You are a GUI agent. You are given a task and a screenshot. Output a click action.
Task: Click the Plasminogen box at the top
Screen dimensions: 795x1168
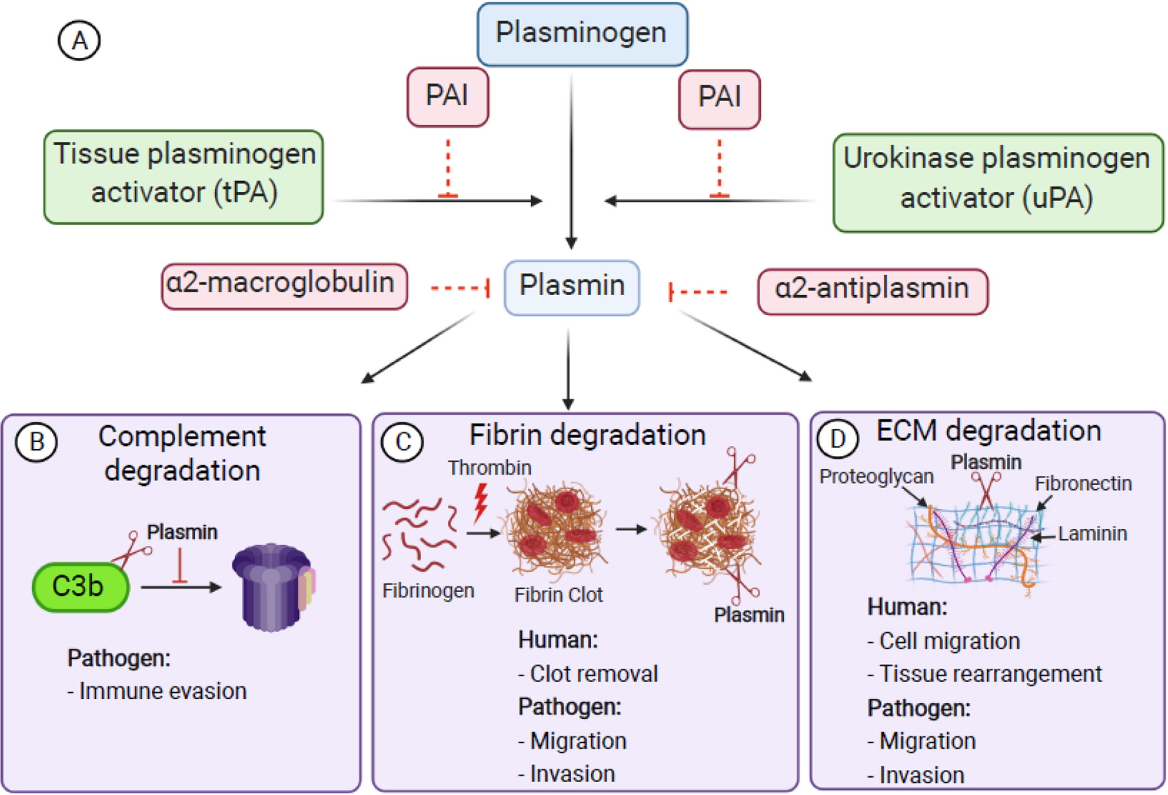pos(582,34)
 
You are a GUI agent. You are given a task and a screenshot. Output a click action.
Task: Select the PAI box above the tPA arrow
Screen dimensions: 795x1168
pos(447,96)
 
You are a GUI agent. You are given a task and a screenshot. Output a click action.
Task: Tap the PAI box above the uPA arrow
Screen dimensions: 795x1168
pos(719,98)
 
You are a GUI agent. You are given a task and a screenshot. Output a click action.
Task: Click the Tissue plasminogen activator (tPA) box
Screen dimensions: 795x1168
pos(184,177)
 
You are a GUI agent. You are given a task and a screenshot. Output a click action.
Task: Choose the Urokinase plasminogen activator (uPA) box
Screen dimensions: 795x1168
pos(997,182)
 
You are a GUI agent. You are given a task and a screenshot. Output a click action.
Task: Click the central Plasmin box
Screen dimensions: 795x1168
pos(571,287)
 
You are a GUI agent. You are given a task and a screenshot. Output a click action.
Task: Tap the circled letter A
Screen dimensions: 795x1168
pos(79,41)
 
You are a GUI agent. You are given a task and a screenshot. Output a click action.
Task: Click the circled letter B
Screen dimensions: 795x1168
pos(37,442)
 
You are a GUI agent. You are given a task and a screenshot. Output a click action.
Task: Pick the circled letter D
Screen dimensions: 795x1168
pos(837,438)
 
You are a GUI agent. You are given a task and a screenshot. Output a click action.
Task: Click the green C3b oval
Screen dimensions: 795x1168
pos(80,587)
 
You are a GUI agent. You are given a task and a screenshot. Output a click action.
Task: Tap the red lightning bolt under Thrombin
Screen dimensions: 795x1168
pos(481,502)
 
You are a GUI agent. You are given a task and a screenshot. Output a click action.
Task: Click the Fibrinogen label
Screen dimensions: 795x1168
pos(428,590)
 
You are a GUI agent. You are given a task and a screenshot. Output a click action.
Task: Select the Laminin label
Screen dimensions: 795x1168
pos(1092,534)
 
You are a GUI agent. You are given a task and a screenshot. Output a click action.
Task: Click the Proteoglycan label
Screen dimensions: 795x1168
pos(876,476)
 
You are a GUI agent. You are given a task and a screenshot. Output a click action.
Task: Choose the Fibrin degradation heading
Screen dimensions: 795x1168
pos(587,435)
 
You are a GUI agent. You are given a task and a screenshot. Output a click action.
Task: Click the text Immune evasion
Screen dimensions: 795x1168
pos(162,691)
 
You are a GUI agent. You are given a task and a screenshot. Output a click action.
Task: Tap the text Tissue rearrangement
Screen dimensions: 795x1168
pos(990,674)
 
